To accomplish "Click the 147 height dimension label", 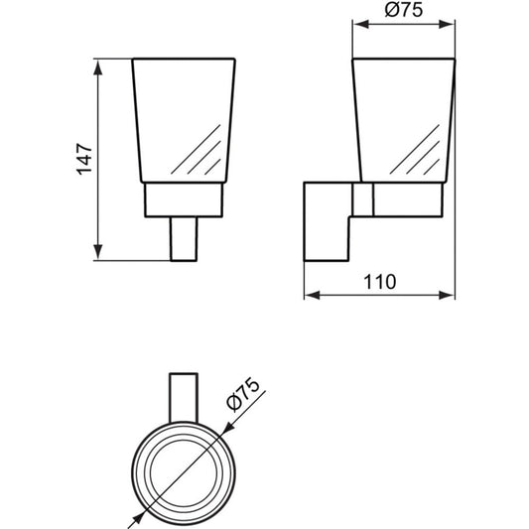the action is (84, 159).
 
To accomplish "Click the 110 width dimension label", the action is (379, 281).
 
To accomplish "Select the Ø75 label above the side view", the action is (404, 10).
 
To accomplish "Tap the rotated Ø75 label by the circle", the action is (243, 395).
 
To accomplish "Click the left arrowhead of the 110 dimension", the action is (312, 295).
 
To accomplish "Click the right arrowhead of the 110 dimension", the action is (447, 295).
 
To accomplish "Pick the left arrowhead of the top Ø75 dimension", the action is (360, 24).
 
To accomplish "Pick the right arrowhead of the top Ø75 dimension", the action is (447, 24).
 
